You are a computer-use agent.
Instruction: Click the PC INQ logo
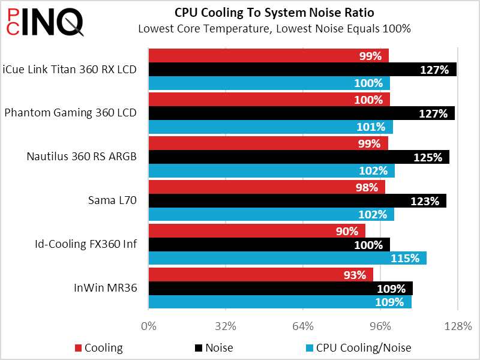45,22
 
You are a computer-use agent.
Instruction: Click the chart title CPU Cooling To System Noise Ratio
274,13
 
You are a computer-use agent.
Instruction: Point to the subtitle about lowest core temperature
274,29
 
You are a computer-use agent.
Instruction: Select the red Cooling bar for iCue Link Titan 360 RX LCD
269,55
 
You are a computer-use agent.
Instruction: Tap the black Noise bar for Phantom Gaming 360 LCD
302,113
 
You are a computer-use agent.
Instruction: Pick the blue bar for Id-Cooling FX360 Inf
288,258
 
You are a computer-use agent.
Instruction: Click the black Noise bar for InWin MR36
281,289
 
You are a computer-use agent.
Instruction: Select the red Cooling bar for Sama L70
267,187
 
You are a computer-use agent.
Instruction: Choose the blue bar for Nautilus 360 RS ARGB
272,170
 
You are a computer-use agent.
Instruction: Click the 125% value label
428,157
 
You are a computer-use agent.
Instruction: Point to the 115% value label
405,259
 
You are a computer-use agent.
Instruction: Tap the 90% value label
347,231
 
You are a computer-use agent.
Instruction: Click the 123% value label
425,201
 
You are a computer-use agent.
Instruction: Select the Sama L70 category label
112,200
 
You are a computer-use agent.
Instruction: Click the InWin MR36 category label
106,288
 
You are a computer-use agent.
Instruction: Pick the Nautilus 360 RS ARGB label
82,157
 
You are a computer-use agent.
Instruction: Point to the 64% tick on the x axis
303,326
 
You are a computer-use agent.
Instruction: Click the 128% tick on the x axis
458,326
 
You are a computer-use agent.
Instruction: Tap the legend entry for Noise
214,348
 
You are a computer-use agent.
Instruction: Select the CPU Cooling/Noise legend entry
359,348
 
